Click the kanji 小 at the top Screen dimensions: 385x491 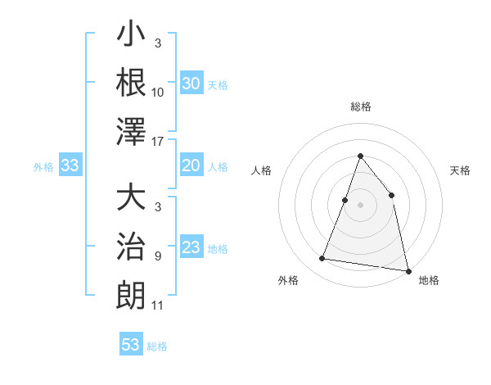point(132,35)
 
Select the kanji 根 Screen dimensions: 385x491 point(132,82)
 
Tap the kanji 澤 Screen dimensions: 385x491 point(132,131)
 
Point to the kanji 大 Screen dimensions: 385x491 point(132,199)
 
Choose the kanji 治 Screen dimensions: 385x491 point(132,247)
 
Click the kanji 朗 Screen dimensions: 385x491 point(132,295)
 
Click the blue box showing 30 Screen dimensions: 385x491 point(191,84)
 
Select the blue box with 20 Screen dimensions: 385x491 point(191,166)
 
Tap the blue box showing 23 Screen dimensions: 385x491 point(191,248)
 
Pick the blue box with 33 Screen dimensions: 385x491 point(70,166)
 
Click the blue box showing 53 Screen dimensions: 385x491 point(130,345)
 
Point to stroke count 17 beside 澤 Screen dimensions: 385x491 point(159,142)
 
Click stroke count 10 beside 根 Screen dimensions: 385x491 point(158,93)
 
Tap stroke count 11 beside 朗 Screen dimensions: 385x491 point(158,306)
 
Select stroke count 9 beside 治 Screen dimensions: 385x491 point(158,256)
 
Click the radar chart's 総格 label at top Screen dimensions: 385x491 point(360,106)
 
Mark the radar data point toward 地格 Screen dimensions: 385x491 point(408,269)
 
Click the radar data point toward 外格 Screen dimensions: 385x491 point(322,259)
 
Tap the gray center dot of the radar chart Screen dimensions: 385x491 point(360,205)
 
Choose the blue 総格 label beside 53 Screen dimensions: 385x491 point(157,346)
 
